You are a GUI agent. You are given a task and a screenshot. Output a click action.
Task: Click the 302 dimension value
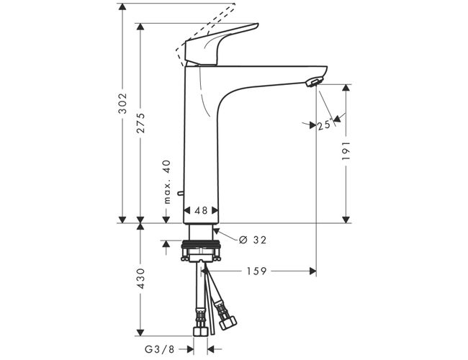click(122, 103)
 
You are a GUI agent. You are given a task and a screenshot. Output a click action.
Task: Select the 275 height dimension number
click(140, 123)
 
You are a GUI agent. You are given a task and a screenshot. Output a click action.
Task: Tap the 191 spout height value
click(346, 150)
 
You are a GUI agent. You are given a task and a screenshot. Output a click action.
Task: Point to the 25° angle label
click(325, 125)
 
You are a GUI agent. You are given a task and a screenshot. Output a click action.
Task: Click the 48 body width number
click(201, 210)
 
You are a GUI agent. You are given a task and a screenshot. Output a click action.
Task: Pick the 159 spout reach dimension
click(257, 271)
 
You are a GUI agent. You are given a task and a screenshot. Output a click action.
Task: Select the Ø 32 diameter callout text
click(253, 240)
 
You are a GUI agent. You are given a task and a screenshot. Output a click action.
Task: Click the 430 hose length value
click(140, 278)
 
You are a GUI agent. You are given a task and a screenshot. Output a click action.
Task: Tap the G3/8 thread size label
click(159, 349)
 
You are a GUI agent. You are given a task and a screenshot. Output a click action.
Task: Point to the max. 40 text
click(168, 182)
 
